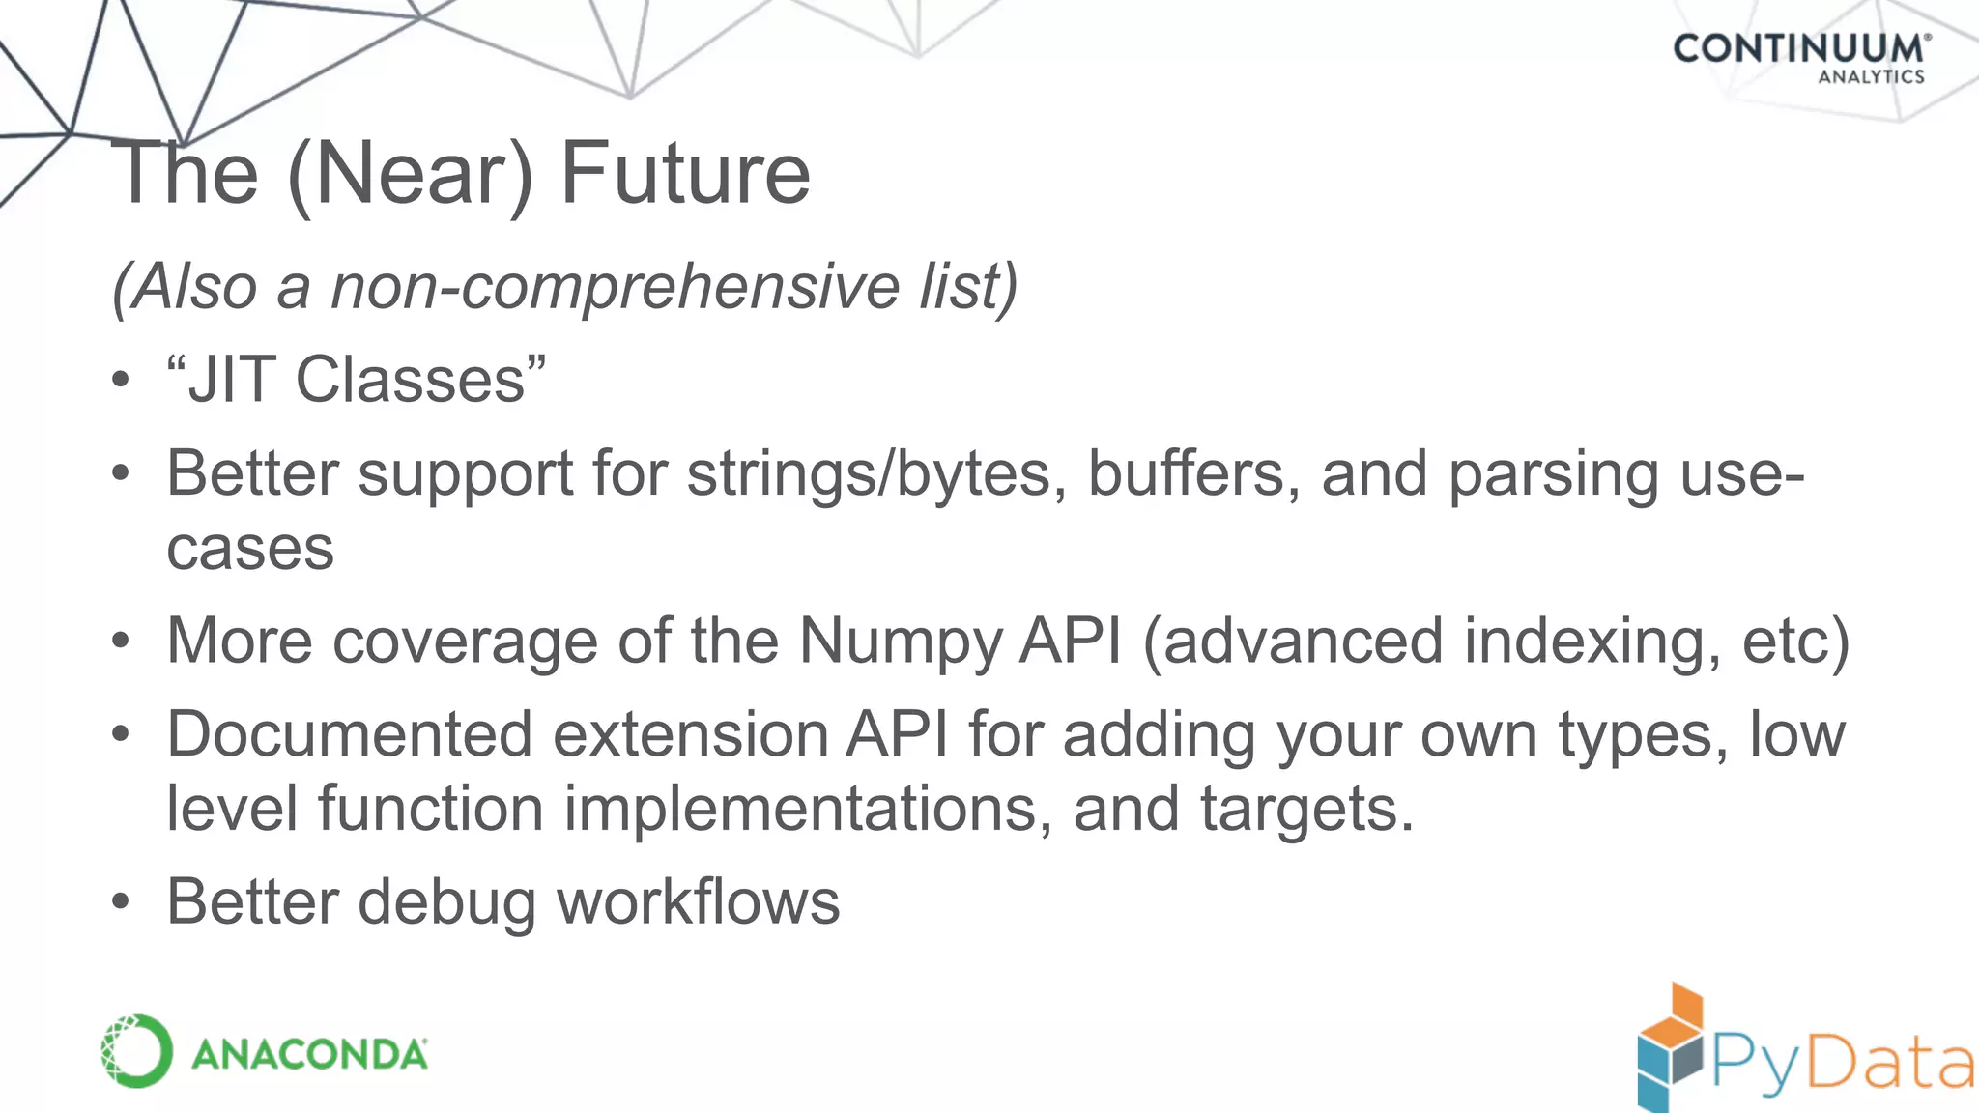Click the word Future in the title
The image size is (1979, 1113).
685,174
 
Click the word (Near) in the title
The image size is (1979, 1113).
410,174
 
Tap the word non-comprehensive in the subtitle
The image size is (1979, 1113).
616,287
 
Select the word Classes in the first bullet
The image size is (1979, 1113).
411,380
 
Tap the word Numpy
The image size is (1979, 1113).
902,642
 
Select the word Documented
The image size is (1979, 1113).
350,734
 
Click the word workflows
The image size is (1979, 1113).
699,902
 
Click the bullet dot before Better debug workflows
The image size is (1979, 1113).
120,902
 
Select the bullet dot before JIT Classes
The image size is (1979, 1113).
120,380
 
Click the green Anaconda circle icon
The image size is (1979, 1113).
136,1051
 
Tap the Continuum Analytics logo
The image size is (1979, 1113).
1801,58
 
